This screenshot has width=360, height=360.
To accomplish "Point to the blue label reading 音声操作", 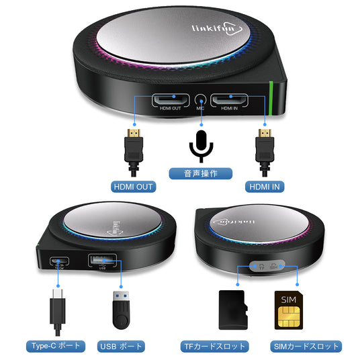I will pyautogui.click(x=201, y=173).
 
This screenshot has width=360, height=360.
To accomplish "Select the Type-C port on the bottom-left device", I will pyautogui.click(x=58, y=261).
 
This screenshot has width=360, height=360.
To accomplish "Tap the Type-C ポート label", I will pyautogui.click(x=56, y=347).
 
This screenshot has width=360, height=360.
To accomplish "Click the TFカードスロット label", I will pyautogui.click(x=216, y=347).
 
